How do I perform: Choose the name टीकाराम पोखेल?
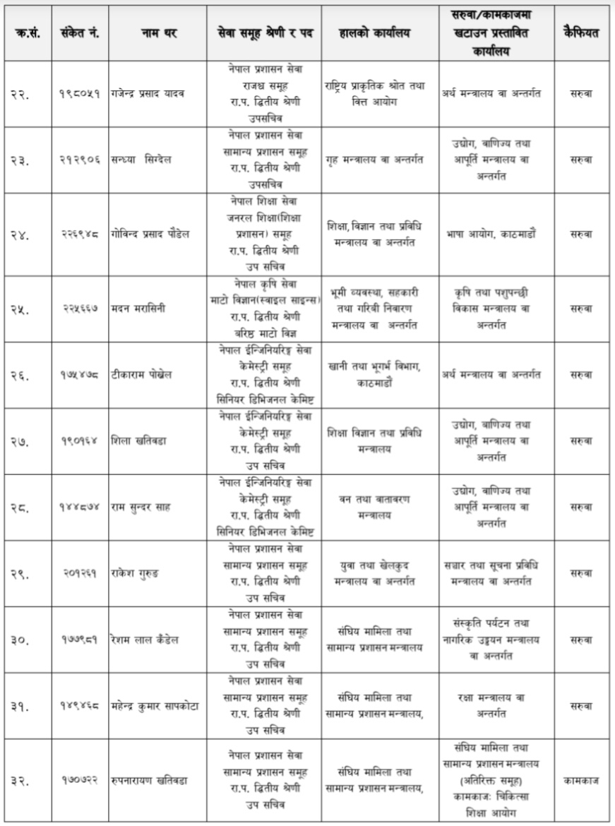141,374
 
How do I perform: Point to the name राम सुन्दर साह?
141,507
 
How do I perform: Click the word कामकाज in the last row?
582,780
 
